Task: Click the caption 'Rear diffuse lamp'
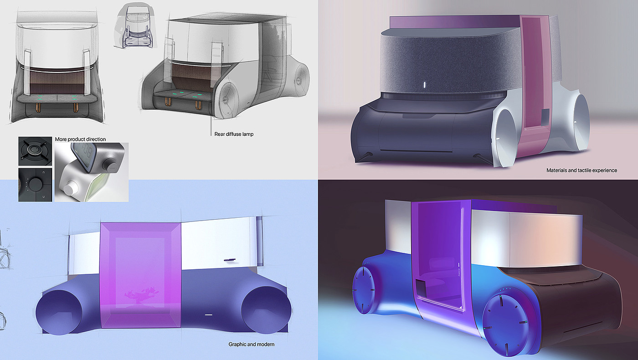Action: click(234, 134)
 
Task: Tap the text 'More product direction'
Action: click(80, 139)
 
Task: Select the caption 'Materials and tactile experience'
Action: click(581, 170)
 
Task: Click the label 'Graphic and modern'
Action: click(252, 345)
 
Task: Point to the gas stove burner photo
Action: click(36, 151)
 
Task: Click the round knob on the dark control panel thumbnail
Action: click(36, 184)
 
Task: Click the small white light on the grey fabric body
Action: click(424, 85)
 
